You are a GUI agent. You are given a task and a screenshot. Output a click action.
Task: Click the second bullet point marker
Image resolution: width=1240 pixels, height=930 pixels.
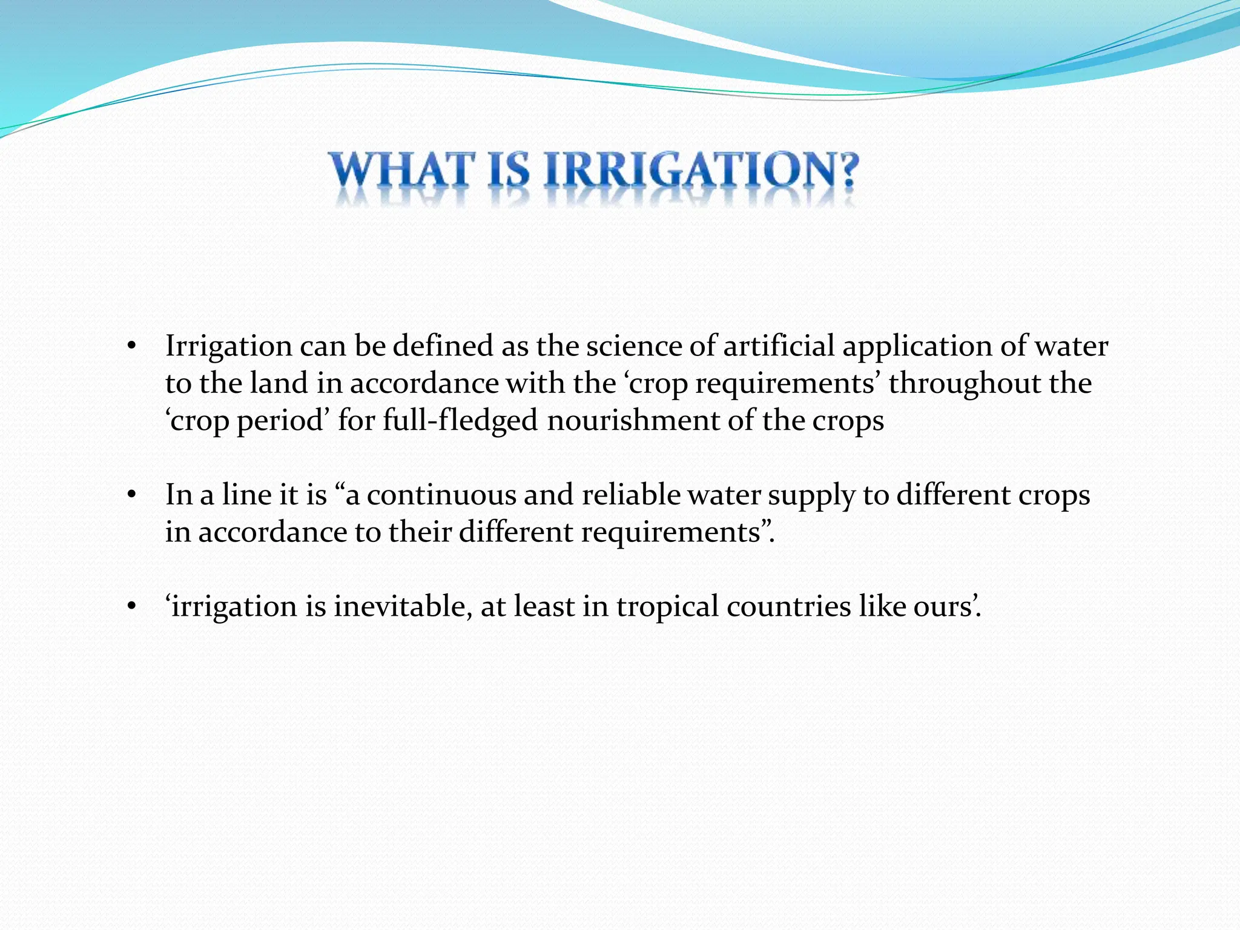pyautogui.click(x=131, y=495)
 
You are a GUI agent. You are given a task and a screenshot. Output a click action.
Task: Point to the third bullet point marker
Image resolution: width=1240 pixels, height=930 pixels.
pyautogui.click(x=131, y=607)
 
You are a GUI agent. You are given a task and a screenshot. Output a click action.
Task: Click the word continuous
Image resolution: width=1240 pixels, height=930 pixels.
pyautogui.click(x=441, y=495)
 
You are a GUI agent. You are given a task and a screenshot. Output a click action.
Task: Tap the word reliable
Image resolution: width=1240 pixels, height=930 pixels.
pyautogui.click(x=632, y=495)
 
